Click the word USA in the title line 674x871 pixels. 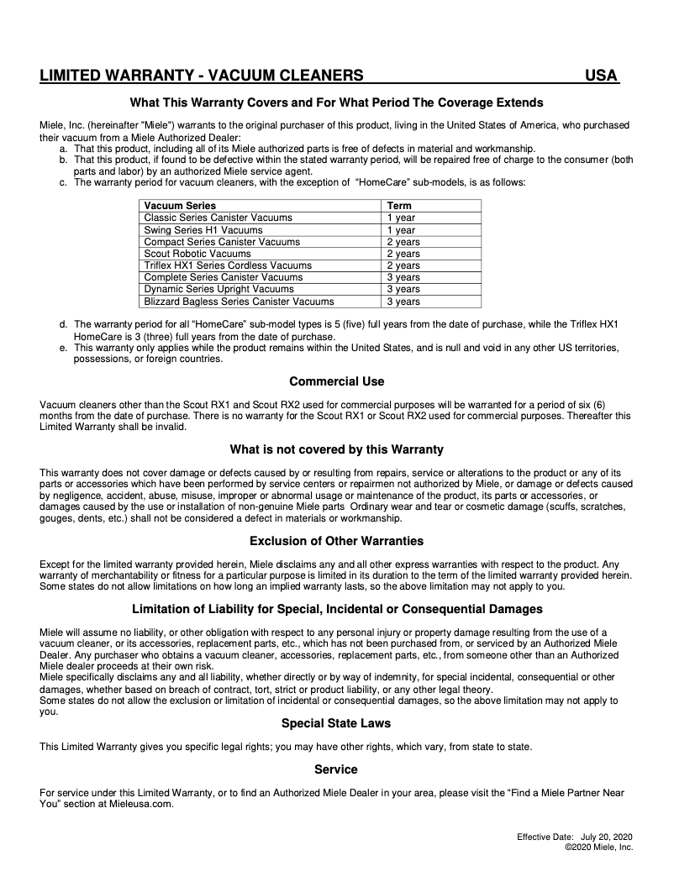tap(601, 76)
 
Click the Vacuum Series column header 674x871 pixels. tap(180, 206)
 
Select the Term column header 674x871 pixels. tap(399, 206)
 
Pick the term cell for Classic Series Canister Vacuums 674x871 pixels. tap(401, 218)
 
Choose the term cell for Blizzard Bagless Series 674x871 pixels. tap(403, 302)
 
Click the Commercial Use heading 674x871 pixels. tap(336, 381)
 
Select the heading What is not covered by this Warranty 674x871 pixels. tap(336, 449)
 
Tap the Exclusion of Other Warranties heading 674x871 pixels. tap(336, 541)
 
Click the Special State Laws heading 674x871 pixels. tap(336, 723)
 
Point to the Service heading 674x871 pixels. tap(336, 769)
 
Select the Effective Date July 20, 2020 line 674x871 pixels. tap(575, 837)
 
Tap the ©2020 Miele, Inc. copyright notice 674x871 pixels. tap(599, 847)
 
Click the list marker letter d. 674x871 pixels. tap(63, 323)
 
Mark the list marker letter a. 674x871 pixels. tap(63, 148)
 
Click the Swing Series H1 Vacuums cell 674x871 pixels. tap(203, 230)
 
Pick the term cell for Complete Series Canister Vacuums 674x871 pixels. tap(403, 277)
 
